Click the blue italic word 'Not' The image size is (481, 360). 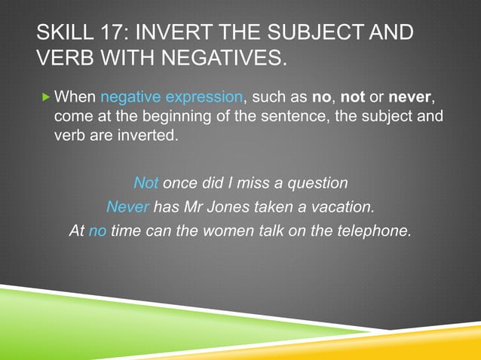[x=146, y=183]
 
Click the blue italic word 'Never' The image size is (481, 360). [x=127, y=206]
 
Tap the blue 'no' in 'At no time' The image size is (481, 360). [x=97, y=230]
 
